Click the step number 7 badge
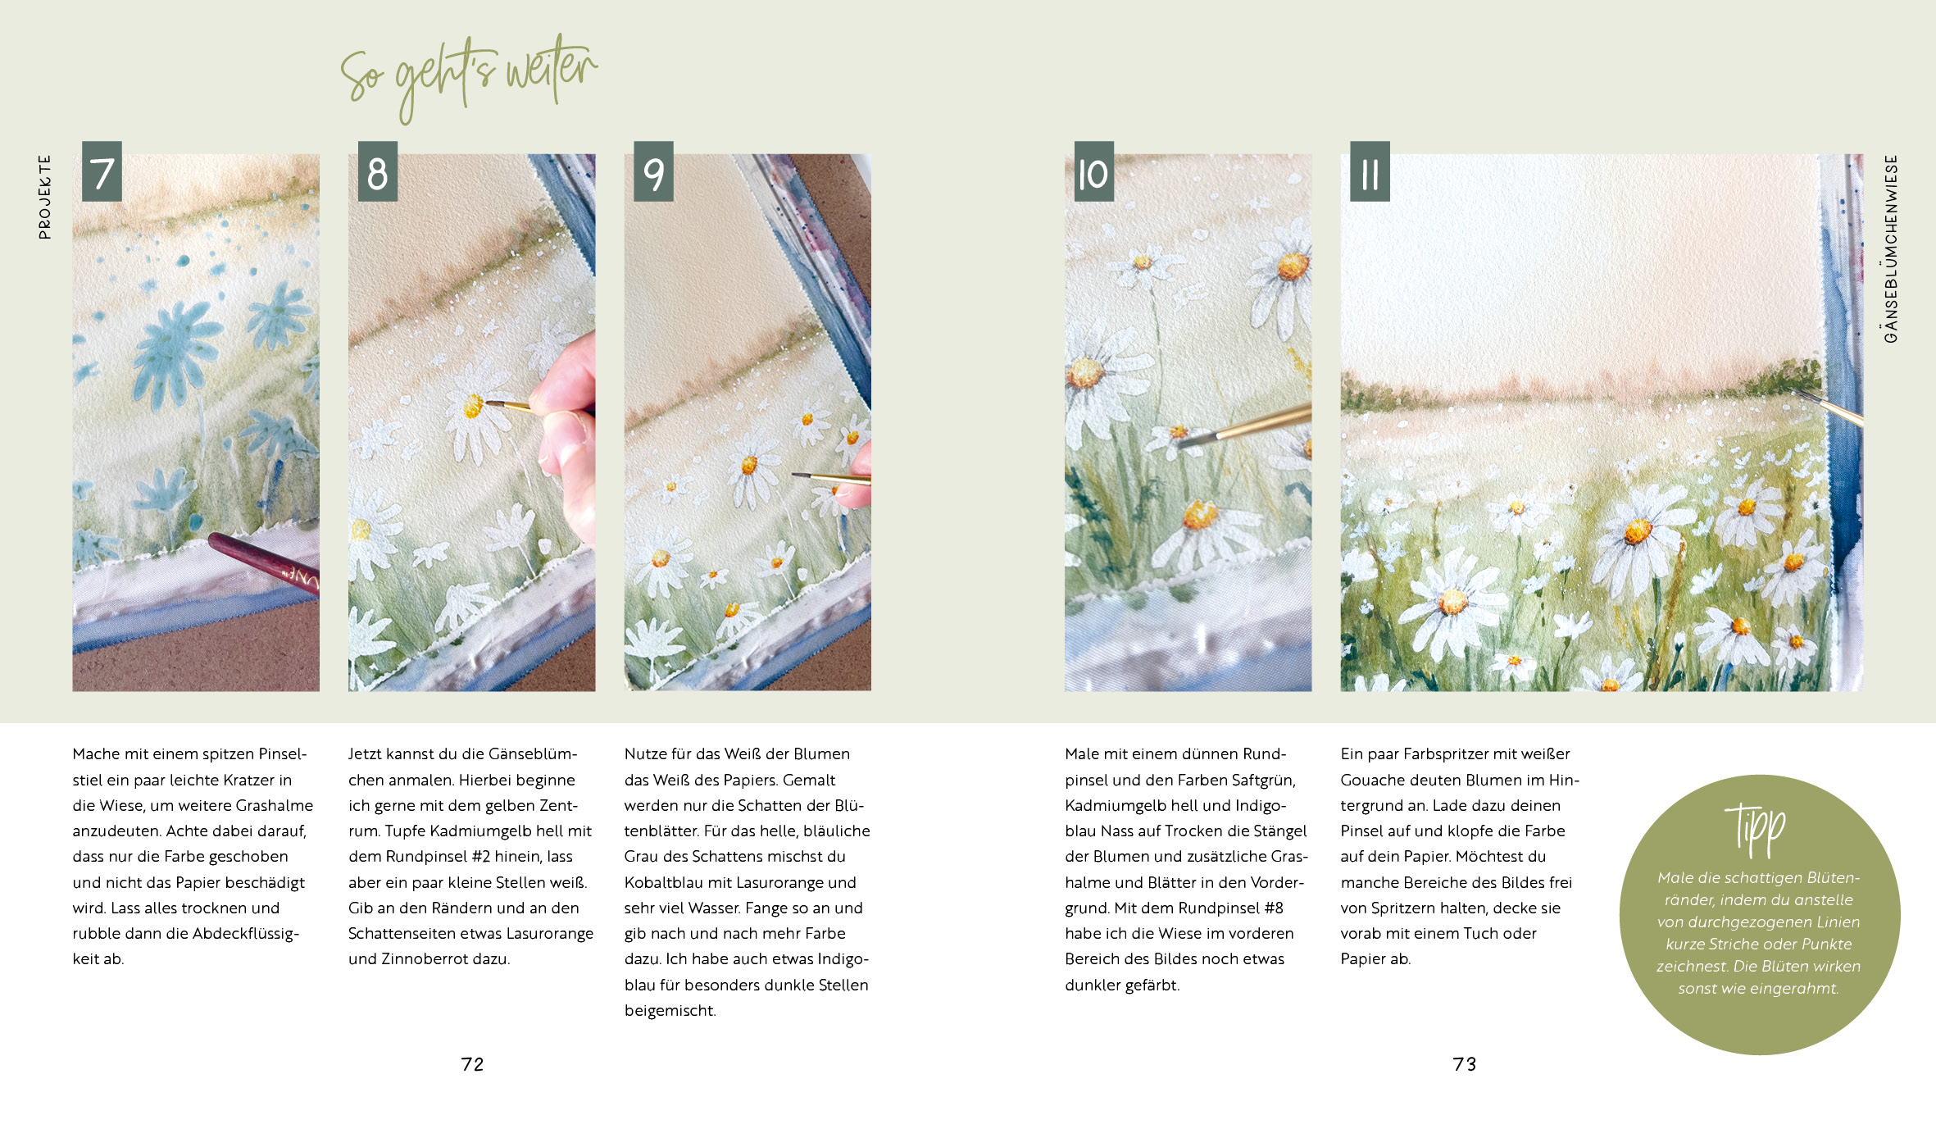(102, 171)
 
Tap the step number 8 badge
(377, 171)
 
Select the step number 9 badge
(653, 171)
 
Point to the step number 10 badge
(1094, 171)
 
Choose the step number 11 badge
(1370, 171)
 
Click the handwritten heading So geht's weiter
(469, 77)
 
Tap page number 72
(473, 1064)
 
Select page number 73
(1465, 1064)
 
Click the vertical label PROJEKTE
(44, 197)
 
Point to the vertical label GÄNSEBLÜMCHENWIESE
(1891, 248)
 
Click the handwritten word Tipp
(1755, 828)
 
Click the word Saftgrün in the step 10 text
(1257, 780)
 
